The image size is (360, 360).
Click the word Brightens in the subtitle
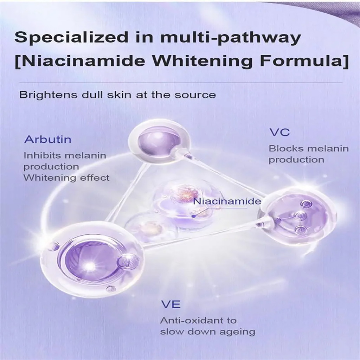[x=48, y=95]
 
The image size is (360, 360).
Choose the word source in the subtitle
[x=195, y=95]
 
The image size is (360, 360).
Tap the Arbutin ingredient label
[x=48, y=139]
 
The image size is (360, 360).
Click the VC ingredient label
[x=279, y=133]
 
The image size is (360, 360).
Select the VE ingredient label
[x=171, y=305]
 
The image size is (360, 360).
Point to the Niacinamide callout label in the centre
[x=227, y=201]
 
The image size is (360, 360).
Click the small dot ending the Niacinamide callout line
[x=194, y=216]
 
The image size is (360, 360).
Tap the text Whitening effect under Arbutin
[x=66, y=178]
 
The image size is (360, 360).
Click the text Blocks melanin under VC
[x=309, y=149]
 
